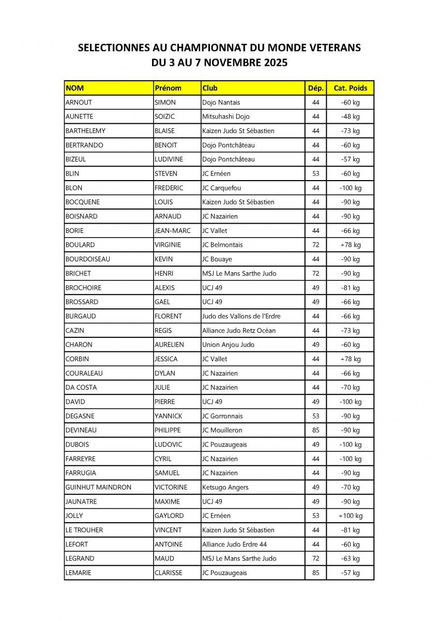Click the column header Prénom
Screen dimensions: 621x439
pos(168,88)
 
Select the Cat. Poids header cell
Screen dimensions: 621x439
pos(350,88)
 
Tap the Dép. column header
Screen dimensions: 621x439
pos(315,88)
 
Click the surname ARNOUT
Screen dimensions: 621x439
pos(79,102)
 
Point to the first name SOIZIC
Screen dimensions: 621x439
pos(165,116)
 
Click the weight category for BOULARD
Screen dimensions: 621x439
pos(350,245)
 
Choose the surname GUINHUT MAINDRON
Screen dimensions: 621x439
pos(98,487)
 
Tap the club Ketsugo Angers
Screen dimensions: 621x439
pos(225,487)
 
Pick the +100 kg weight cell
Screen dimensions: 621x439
pos(350,515)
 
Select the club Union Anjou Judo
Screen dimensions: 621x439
pos(228,345)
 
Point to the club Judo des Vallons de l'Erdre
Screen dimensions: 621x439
pos(241,316)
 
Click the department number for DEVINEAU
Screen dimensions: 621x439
pos(316,430)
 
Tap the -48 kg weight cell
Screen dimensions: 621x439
pos(350,116)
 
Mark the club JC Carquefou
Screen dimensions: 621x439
pos(221,188)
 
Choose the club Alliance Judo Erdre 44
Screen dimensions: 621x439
pos(235,544)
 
